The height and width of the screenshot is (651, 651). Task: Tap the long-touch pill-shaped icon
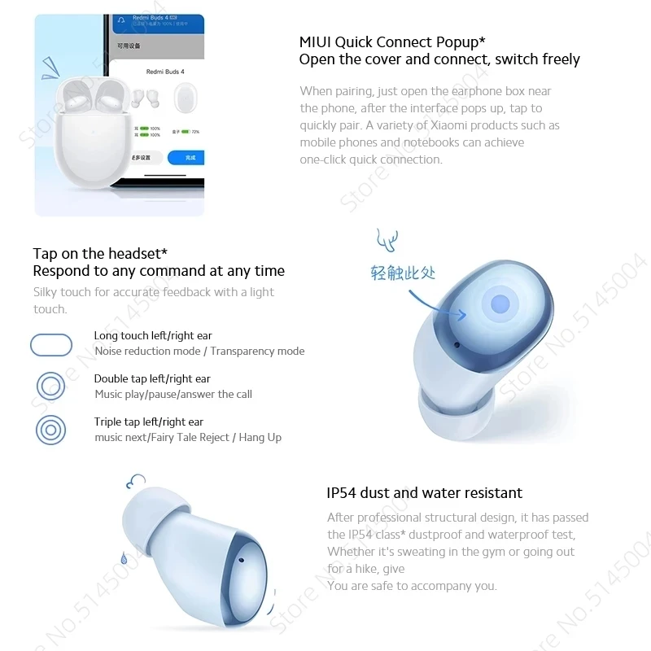[x=51, y=345]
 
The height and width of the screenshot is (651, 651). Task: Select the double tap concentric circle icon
[x=51, y=386]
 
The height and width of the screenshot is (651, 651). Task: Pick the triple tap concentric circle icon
[x=51, y=430]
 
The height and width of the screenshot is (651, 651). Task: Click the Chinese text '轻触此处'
[x=404, y=273]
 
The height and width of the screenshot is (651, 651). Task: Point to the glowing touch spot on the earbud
[x=500, y=304]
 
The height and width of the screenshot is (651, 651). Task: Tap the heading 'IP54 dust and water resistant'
[x=424, y=492]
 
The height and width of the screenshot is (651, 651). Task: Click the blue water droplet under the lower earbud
[x=124, y=558]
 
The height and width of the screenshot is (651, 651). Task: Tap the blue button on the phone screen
[x=185, y=158]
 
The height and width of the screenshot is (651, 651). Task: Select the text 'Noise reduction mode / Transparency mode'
[x=199, y=351]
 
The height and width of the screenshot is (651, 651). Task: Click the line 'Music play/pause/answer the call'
[x=173, y=394]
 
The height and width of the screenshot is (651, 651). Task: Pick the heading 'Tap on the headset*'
[x=100, y=254]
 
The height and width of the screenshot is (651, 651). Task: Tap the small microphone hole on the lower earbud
[x=243, y=561]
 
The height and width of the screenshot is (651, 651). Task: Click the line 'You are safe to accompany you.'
[x=411, y=586]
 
